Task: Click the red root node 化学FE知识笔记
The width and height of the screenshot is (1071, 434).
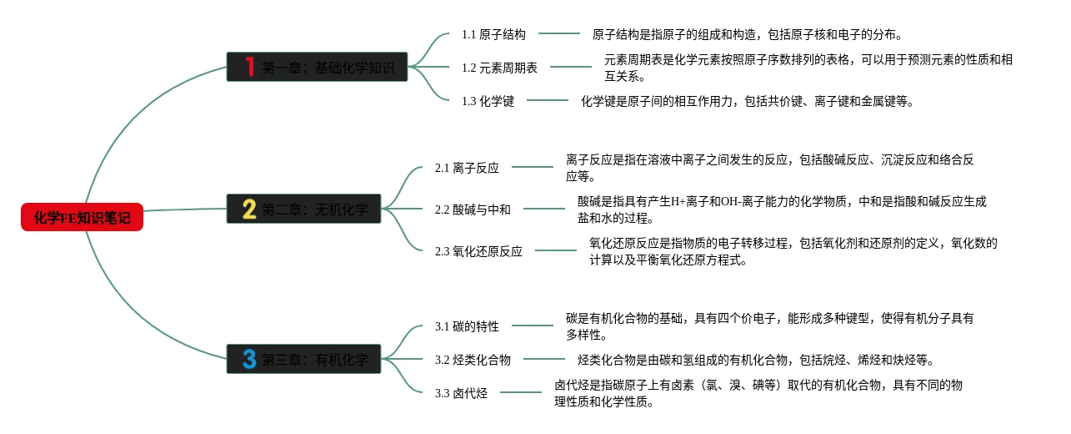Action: (82, 218)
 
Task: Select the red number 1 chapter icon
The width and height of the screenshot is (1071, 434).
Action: (248, 67)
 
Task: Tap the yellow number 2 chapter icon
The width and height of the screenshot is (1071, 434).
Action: (248, 209)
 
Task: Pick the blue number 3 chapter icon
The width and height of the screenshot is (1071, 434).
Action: (248, 360)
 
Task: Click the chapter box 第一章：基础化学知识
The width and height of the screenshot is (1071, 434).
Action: (317, 67)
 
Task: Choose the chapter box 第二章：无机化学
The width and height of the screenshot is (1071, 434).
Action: (303, 209)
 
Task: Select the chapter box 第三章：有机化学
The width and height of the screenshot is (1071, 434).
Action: (303, 360)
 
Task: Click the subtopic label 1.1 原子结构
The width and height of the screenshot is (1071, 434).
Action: (493, 34)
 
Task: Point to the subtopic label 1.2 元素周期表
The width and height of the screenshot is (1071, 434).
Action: (499, 68)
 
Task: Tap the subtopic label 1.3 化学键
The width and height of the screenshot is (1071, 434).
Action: (488, 101)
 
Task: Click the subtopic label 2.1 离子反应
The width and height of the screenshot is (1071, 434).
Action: (467, 168)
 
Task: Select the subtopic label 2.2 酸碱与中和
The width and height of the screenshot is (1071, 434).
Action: (473, 209)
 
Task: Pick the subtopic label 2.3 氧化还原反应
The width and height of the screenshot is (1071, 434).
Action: (478, 251)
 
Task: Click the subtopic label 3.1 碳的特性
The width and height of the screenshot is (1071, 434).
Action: (467, 326)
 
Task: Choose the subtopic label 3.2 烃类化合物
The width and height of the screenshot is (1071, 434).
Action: (473, 360)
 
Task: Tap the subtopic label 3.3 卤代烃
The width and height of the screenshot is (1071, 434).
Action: (461, 393)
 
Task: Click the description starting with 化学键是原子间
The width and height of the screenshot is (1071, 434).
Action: (748, 101)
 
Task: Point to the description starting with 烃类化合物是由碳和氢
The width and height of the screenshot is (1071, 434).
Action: (756, 360)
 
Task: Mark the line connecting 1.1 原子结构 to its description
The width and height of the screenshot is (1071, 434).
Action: (558, 34)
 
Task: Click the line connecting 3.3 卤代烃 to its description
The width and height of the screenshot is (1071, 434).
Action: (520, 393)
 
